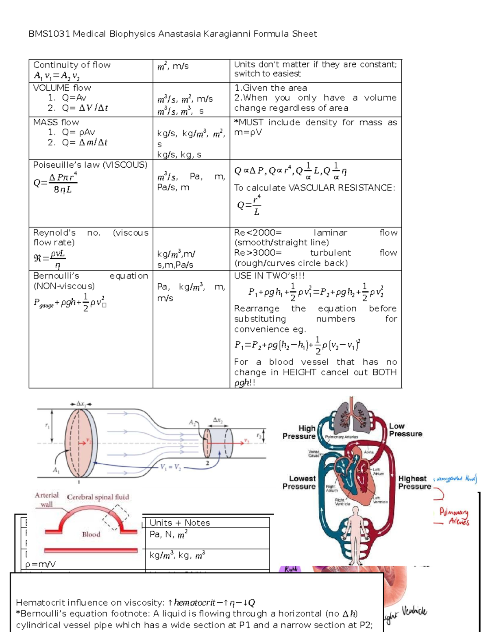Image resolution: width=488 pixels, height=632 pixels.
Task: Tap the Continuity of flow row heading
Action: (72, 65)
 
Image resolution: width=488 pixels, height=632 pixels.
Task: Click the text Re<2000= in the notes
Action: (258, 233)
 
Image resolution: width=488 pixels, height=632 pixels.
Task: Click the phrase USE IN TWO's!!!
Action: (269, 276)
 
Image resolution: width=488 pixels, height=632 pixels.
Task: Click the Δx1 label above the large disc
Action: (81, 404)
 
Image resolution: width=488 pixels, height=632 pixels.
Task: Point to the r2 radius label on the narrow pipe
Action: (259, 435)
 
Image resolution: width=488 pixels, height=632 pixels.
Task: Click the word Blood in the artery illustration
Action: (91, 534)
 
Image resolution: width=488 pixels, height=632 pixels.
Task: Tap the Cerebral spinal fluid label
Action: (98, 497)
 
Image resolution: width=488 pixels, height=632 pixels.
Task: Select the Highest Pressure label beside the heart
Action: (414, 482)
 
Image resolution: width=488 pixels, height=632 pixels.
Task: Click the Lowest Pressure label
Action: (299, 482)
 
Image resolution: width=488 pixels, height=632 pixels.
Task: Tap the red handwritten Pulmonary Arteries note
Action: (454, 517)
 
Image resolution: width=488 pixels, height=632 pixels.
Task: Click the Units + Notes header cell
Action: (180, 523)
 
